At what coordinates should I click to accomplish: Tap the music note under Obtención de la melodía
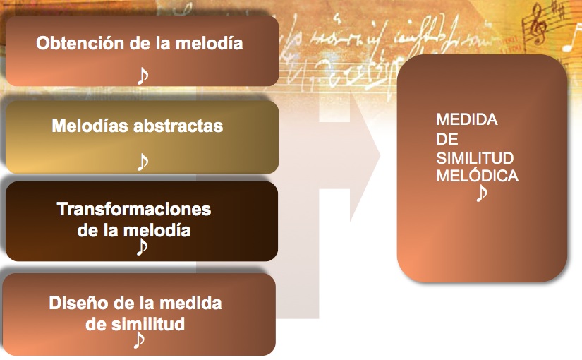[143, 76]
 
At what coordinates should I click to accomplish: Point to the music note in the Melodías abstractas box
[143, 162]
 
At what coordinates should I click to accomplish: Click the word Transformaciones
[134, 209]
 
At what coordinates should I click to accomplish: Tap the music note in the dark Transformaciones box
[142, 246]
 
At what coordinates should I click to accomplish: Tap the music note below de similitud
[138, 340]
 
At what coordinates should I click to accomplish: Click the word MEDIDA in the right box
[467, 119]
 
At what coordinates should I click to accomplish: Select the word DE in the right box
[447, 139]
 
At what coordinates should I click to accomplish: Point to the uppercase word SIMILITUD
[475, 158]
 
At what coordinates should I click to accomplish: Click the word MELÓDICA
[478, 176]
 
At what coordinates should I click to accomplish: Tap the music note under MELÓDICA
[481, 193]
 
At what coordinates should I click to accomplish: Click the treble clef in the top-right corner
[537, 24]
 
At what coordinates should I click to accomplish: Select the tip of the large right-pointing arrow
[380, 155]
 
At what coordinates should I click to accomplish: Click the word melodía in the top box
[209, 43]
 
